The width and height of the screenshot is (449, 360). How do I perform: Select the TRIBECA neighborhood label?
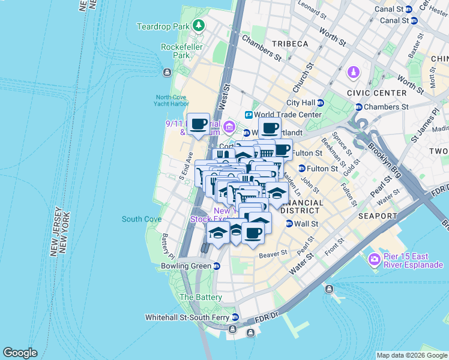[x=289, y=44]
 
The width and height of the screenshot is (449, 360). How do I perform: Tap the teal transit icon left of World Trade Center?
[x=247, y=115]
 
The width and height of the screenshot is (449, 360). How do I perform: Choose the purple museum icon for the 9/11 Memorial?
[x=229, y=127]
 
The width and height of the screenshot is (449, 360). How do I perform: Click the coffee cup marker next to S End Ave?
[x=199, y=124]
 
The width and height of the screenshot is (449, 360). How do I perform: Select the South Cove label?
[x=141, y=219]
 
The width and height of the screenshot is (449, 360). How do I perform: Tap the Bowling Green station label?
[x=185, y=266]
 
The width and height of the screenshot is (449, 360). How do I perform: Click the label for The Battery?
[x=200, y=297]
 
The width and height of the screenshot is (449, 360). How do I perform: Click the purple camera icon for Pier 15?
[x=375, y=259]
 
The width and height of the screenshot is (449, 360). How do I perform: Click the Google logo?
[x=20, y=353]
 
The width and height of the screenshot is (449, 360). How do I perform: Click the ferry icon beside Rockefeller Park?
[x=166, y=73]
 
